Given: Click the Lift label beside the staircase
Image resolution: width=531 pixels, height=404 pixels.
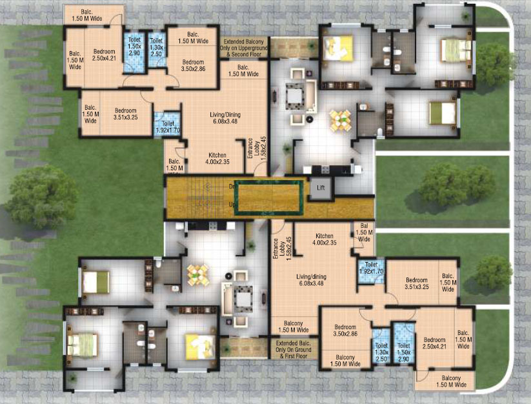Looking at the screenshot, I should pyautogui.click(x=321, y=188).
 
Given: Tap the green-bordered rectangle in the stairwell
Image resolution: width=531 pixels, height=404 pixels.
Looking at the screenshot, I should pyautogui.click(x=268, y=196).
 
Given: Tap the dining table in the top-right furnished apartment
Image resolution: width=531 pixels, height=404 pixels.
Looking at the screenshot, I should pyautogui.click(x=340, y=119).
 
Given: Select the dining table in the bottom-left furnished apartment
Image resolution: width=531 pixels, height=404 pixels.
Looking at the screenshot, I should pyautogui.click(x=197, y=274).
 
